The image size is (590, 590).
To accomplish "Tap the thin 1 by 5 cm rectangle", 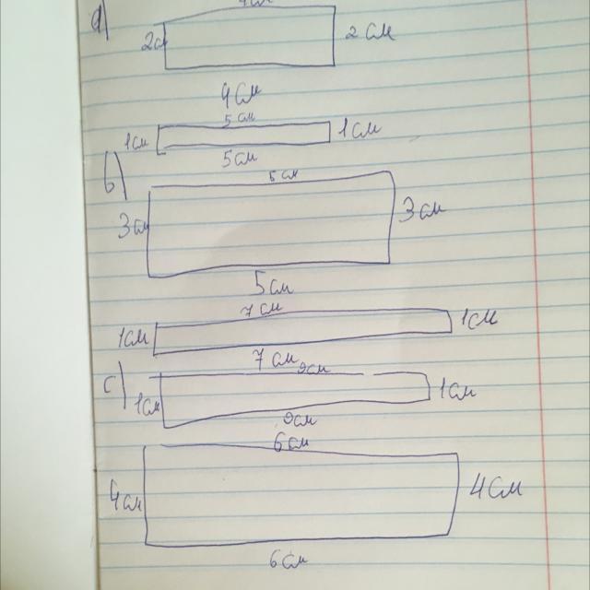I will (244, 136).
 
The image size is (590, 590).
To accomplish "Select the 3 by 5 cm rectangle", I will (267, 226).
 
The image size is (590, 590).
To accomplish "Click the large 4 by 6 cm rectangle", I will (300, 496).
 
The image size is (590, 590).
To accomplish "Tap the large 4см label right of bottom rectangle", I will (496, 487).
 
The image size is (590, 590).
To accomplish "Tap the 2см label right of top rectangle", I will (369, 35).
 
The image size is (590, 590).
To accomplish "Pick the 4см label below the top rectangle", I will (238, 95).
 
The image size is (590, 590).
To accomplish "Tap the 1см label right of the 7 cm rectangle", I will (478, 320).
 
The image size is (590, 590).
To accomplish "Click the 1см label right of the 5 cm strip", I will (354, 130).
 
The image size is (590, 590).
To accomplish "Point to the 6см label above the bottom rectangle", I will (293, 443).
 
